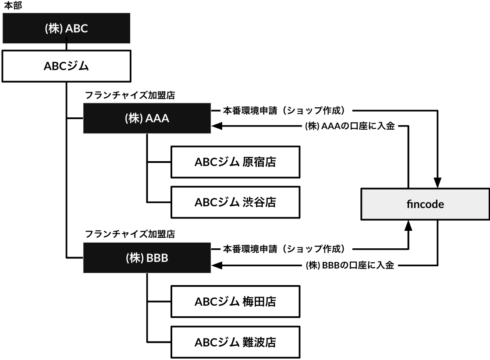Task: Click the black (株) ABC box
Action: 66,28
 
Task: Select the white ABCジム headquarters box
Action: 66,66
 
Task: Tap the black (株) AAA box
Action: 147,118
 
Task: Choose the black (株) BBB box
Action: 147,258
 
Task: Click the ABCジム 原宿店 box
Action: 235,162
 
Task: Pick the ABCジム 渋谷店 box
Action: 235,202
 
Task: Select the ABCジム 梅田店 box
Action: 235,302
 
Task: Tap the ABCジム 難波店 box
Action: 235,342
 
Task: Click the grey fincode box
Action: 425,204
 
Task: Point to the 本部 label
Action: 13,6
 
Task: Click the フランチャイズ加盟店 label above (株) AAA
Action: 130,95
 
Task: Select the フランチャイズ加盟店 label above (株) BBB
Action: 130,234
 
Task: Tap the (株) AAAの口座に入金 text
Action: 350,126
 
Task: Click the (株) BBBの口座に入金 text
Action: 350,265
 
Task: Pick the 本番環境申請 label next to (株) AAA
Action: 250,110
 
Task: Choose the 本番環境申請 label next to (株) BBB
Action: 250,249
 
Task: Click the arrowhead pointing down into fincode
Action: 437,183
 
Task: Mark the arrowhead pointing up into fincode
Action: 408,226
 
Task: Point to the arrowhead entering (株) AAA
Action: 217,126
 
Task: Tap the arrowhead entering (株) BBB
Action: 217,265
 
